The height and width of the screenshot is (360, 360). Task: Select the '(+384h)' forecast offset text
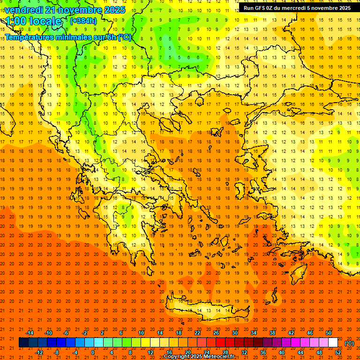83,21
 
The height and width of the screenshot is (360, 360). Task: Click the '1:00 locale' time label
33,21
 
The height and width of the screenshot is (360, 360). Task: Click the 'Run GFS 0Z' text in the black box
258,8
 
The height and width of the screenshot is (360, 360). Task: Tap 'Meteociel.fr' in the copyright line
218,357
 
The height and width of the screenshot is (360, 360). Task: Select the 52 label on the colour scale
338,352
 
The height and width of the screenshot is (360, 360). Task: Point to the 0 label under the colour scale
93,352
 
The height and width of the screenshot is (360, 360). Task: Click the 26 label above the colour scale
216,333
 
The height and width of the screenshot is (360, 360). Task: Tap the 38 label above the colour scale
272,333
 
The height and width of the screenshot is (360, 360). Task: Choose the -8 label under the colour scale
56,352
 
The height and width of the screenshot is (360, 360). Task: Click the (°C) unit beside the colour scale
349,343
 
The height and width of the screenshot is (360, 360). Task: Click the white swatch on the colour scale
333,343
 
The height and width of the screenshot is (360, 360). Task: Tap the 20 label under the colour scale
187,352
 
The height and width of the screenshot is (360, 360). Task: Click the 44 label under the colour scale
300,352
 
